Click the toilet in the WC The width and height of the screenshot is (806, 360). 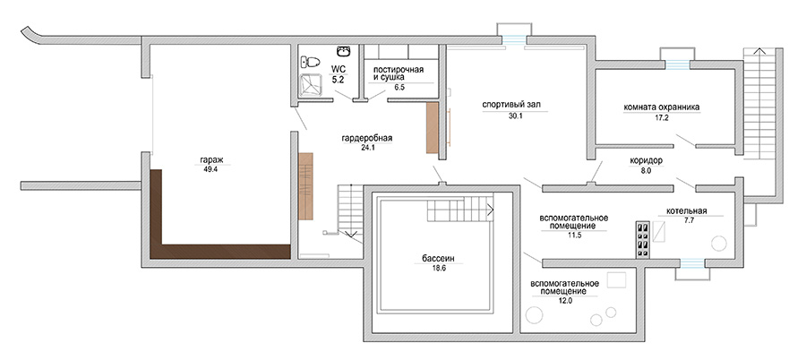(x=310, y=63)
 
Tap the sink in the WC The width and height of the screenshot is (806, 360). (x=343, y=51)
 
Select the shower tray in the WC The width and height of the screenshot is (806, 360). (x=312, y=85)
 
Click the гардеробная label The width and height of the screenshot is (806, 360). (x=366, y=138)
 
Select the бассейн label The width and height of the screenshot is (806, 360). (x=439, y=259)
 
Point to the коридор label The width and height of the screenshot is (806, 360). (x=646, y=160)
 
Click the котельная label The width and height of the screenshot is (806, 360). (x=687, y=210)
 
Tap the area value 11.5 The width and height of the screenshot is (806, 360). (x=574, y=235)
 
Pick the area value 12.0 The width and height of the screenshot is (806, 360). (x=565, y=300)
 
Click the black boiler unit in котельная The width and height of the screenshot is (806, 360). (x=642, y=239)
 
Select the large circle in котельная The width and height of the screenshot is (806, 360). (x=718, y=244)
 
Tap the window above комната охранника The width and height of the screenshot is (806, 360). (x=678, y=64)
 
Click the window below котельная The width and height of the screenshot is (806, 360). (x=692, y=263)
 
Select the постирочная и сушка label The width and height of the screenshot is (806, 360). (x=399, y=73)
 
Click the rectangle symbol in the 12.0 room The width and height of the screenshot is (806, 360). (x=617, y=280)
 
